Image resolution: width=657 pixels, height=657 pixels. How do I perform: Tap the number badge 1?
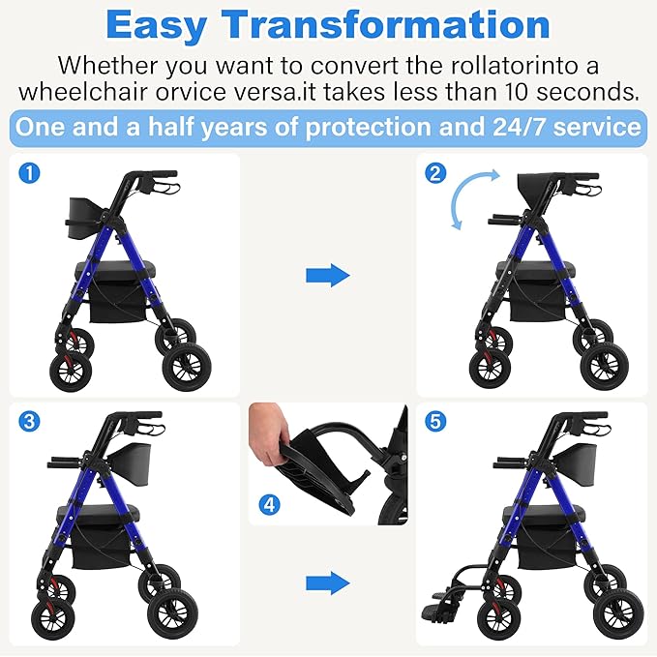click(30, 174)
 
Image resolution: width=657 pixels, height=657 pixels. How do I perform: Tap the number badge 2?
click(435, 174)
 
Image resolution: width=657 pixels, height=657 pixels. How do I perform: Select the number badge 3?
click(30, 421)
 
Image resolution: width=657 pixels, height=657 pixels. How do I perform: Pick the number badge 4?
click(267, 503)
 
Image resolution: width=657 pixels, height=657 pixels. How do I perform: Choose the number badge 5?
click(435, 421)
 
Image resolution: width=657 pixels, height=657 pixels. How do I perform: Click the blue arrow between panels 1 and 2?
click(327, 276)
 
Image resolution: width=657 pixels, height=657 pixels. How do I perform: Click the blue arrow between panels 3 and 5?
click(327, 582)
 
